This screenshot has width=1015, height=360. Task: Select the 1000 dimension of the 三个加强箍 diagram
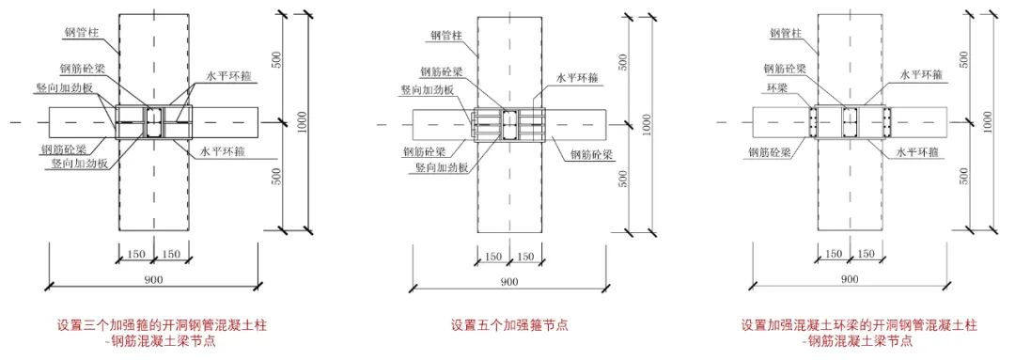(298, 121)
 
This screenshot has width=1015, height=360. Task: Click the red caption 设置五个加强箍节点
(508, 326)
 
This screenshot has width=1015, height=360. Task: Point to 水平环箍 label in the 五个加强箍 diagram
(579, 79)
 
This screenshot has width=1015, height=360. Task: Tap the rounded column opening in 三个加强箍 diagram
(153, 121)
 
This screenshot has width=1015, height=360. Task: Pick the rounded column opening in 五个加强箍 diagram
(508, 122)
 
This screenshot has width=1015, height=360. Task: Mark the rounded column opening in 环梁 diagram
(849, 121)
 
